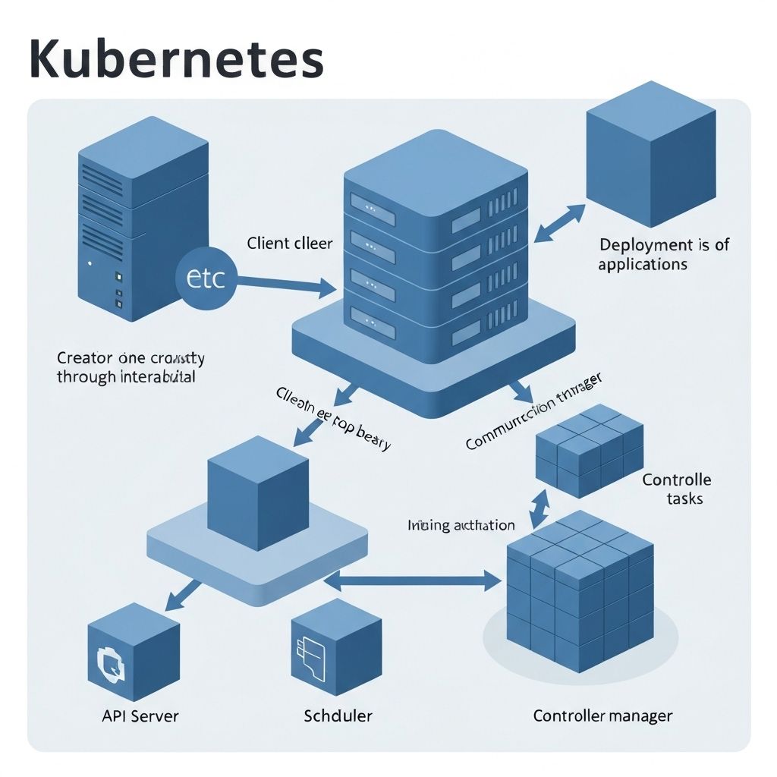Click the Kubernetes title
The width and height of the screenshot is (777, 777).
(x=176, y=59)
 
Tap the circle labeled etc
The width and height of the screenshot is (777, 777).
(x=206, y=278)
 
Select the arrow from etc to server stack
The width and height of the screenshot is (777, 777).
(x=285, y=285)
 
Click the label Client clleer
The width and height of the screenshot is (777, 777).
(x=289, y=244)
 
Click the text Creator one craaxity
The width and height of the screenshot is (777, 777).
(x=130, y=366)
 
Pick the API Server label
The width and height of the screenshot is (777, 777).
(x=140, y=716)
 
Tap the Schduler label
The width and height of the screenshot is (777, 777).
(x=338, y=716)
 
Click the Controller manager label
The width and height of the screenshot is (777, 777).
(x=602, y=716)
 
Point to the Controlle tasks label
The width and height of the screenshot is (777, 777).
(x=677, y=489)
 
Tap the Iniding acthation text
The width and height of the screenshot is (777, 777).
(x=461, y=525)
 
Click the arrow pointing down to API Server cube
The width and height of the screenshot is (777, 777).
(x=181, y=594)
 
